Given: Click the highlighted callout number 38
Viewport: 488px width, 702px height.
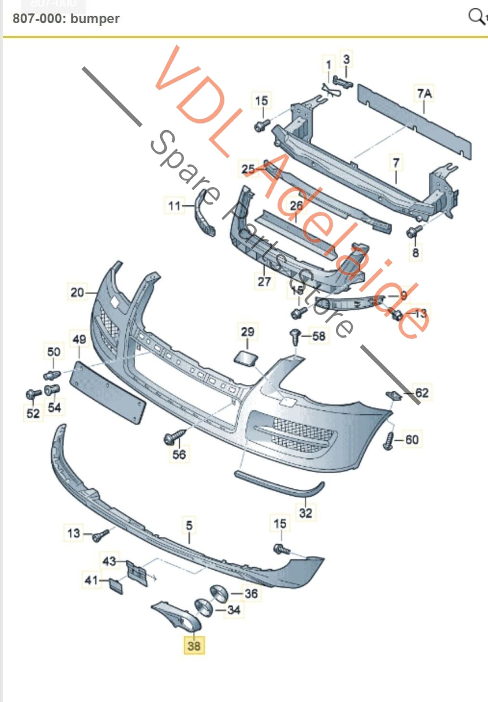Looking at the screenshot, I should click(194, 646).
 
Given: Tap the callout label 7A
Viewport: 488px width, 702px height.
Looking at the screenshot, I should click(424, 94).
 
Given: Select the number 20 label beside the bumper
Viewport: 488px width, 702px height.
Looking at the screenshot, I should click(77, 292).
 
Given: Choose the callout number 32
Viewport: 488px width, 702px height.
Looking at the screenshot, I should click(305, 512).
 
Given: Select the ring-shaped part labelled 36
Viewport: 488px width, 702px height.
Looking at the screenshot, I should click(219, 594).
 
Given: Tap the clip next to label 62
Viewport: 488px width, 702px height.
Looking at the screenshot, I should click(394, 395).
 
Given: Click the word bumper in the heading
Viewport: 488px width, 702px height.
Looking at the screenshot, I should click(95, 18).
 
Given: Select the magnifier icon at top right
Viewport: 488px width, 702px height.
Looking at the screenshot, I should click(476, 16).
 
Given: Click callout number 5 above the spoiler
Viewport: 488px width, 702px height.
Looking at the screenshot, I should click(189, 525).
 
